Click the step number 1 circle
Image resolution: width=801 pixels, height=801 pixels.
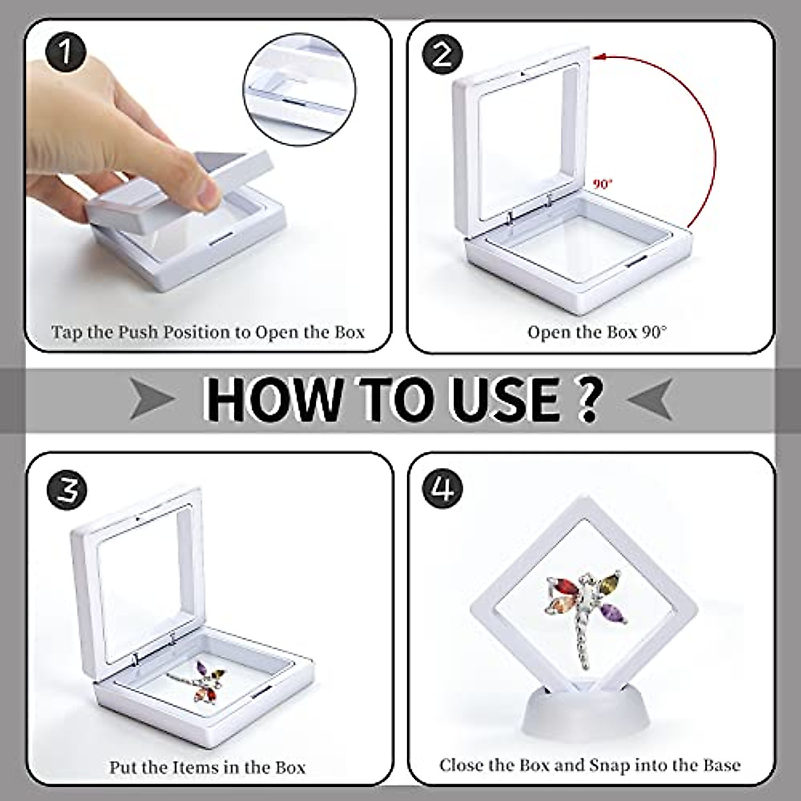[65, 51]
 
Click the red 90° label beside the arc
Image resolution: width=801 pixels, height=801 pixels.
[603, 184]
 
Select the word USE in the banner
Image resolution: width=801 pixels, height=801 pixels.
[510, 398]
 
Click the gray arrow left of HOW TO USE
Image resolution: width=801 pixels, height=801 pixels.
[152, 400]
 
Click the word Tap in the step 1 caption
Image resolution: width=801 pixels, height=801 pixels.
[67, 332]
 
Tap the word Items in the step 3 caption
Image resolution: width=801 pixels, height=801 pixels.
[204, 767]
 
